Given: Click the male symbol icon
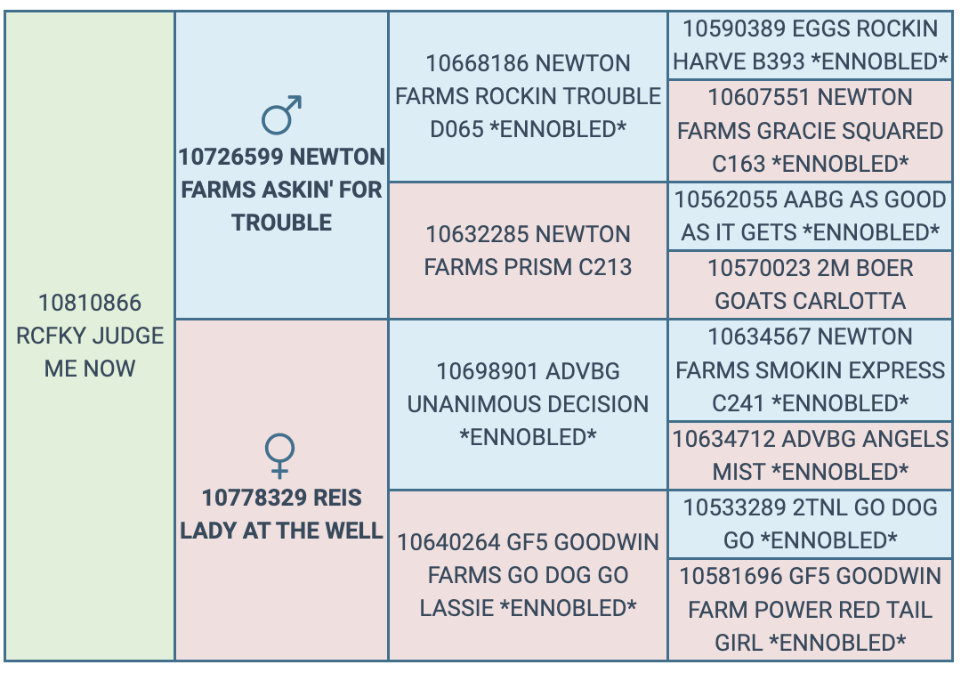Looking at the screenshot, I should (x=282, y=115).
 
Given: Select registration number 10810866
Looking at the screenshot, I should (x=90, y=303).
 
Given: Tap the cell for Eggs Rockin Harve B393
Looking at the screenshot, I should (x=810, y=45).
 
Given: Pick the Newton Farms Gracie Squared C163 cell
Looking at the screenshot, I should (x=810, y=131).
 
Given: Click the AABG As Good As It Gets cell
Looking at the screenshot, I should (x=810, y=215).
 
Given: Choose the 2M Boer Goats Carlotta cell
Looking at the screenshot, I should (x=810, y=284).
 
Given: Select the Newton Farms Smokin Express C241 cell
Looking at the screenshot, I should (x=810, y=369).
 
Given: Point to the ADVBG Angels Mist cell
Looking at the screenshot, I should (x=810, y=455).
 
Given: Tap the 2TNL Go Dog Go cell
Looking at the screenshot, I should (x=810, y=523).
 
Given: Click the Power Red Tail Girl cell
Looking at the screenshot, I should (x=810, y=610).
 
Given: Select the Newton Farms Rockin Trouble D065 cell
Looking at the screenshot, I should (x=528, y=96).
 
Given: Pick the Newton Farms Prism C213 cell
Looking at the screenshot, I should (x=528, y=250).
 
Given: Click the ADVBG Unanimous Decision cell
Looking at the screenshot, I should (x=528, y=404).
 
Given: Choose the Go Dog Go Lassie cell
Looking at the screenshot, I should (x=528, y=575).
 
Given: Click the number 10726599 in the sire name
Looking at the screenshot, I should (x=230, y=158).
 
